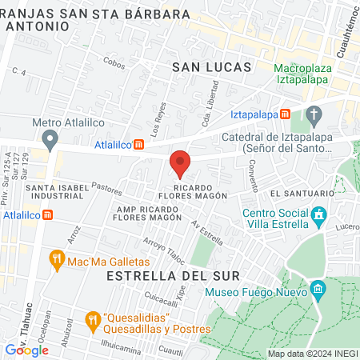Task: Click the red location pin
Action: coord(180,163)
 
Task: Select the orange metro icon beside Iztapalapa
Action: coord(286,114)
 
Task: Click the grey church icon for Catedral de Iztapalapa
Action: coord(314,114)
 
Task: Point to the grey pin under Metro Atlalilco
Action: coord(51,142)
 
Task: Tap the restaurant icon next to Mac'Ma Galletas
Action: coord(56,258)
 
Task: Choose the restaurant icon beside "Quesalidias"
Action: coord(93,319)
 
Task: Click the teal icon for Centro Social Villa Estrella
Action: coord(319,214)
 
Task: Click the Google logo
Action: coord(26,349)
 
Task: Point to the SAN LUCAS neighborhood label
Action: coord(212,68)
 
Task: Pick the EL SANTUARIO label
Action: coord(301,194)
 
